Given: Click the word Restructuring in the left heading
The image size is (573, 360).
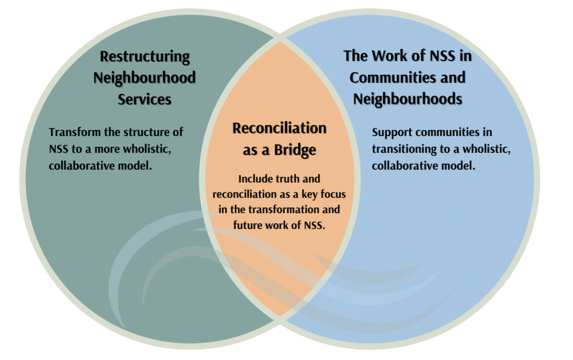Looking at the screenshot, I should [x=145, y=56].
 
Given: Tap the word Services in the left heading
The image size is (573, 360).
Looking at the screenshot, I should [x=144, y=99].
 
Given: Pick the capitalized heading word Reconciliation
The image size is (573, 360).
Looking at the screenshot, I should [x=279, y=128].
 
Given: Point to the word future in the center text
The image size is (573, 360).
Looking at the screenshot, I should [x=249, y=225].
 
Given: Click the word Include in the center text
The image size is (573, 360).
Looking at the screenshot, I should [x=254, y=179].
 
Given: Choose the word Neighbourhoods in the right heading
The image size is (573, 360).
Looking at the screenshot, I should [x=407, y=99].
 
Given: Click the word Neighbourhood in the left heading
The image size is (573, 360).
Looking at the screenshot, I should [x=144, y=78].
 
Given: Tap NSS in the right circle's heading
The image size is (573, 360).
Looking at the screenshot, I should [x=438, y=56].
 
